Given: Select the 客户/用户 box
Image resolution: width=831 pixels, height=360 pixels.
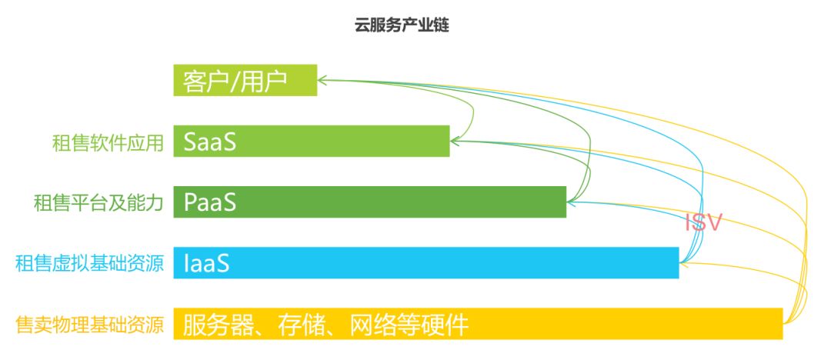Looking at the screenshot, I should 245,80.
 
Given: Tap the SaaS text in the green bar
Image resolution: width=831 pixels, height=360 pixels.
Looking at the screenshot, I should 209,142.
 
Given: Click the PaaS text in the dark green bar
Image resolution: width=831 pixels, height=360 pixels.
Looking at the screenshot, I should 209,202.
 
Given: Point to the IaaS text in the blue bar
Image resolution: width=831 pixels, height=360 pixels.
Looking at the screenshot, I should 207,263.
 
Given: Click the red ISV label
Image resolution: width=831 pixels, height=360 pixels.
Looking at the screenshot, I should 704,223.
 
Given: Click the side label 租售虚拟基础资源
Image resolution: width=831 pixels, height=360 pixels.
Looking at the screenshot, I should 89,264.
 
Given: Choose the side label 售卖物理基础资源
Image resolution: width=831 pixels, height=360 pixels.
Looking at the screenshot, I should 89,325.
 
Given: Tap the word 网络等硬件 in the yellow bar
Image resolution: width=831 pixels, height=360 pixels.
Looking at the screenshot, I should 409,324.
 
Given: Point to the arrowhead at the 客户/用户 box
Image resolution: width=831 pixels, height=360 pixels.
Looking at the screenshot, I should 322,78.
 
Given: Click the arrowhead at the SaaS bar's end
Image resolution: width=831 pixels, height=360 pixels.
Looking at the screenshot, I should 455,141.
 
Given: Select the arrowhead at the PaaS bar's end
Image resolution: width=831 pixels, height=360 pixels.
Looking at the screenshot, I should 571,202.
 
